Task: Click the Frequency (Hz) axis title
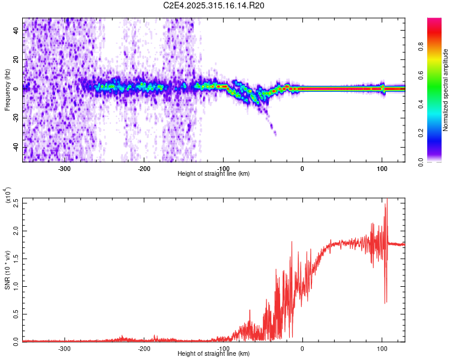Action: click(8, 91)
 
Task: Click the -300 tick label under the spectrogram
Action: click(65, 168)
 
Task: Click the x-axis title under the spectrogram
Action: click(214, 174)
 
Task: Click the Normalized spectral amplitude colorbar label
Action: click(446, 90)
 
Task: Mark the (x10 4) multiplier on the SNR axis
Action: click(8, 196)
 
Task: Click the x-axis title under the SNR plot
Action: click(214, 354)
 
